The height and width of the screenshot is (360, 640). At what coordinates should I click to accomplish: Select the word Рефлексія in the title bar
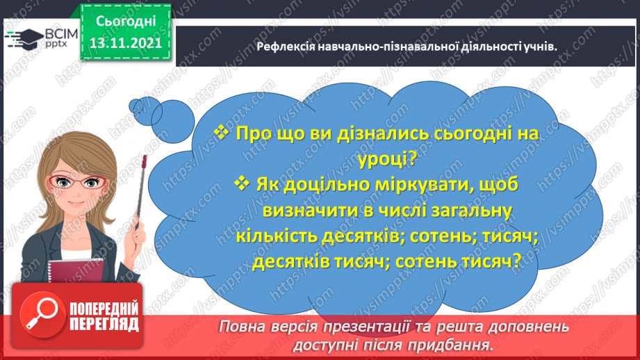point(283,47)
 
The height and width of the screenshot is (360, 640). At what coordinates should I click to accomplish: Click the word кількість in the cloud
point(277,237)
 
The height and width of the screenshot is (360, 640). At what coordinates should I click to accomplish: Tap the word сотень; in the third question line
point(429,237)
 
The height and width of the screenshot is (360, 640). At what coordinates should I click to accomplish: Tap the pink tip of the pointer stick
point(145,161)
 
